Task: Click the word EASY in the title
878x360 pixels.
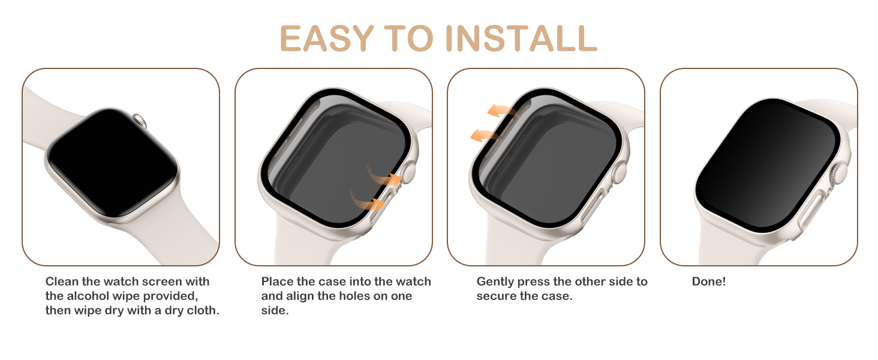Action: click(327, 39)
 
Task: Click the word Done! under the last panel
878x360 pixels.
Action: click(708, 281)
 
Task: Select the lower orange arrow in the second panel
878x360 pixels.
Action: click(367, 200)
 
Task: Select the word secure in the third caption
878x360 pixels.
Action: click(495, 296)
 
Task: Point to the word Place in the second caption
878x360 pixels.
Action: click(276, 281)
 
